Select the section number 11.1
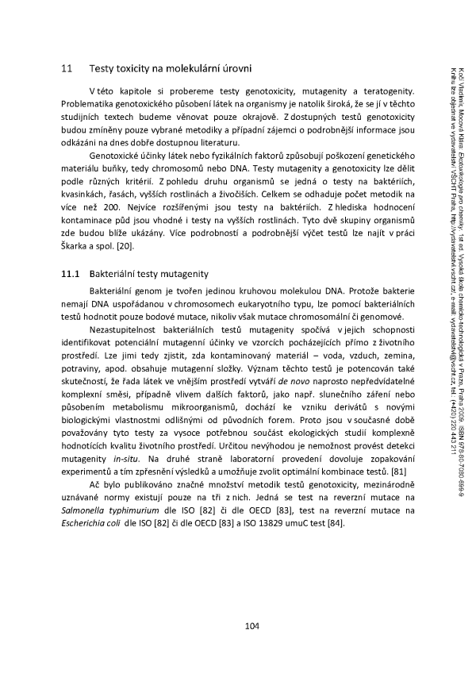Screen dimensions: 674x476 click(70, 252)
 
